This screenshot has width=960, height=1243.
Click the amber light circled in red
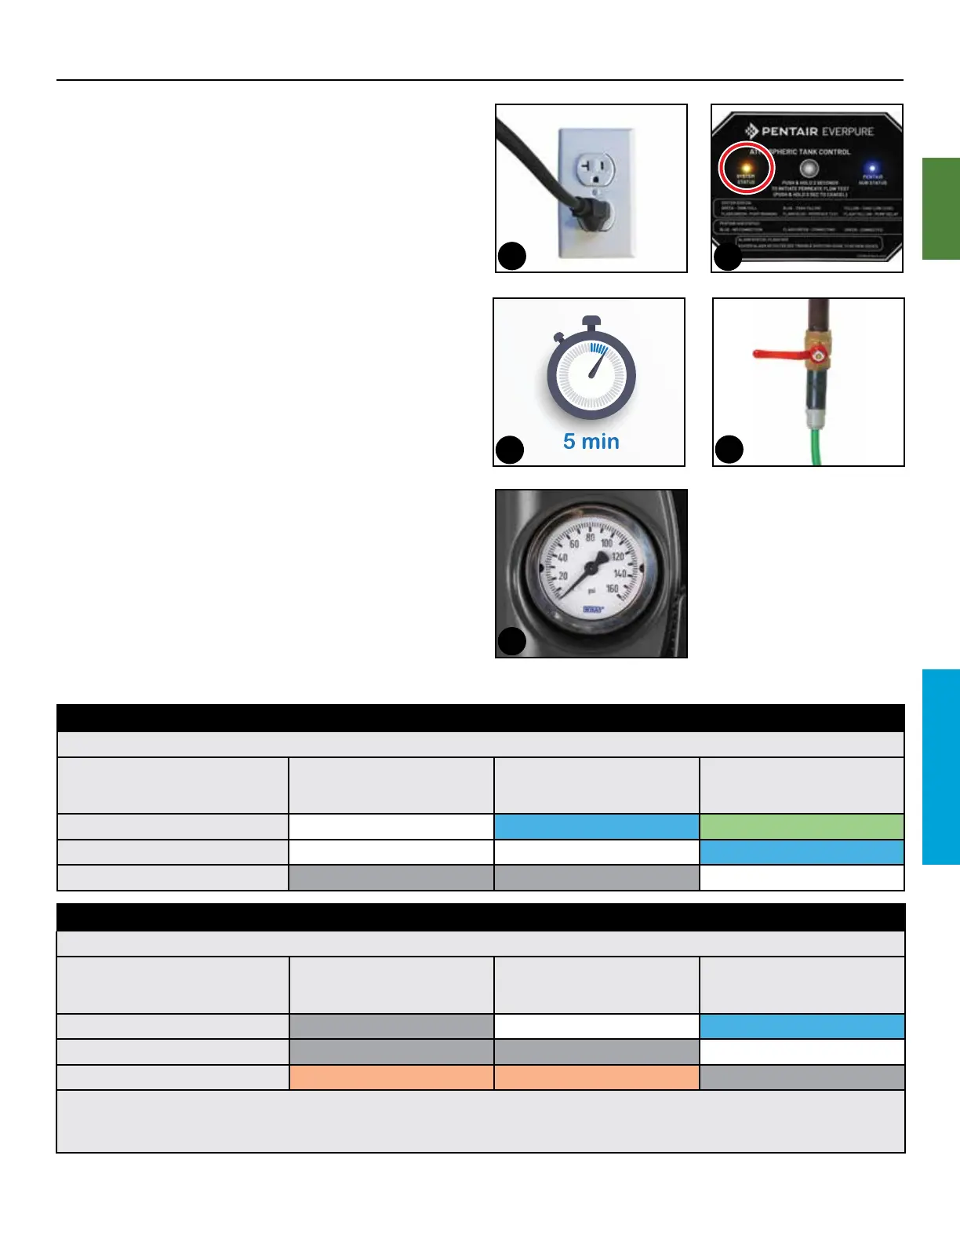[x=746, y=166]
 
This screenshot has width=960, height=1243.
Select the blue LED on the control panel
[x=871, y=167]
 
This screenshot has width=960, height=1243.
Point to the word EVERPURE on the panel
[x=848, y=131]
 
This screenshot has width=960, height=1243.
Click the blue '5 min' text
[x=591, y=442]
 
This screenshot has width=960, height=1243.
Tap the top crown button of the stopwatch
[x=591, y=322]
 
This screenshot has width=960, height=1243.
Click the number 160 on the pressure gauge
[x=612, y=588]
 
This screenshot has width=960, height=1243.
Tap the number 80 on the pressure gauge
[x=590, y=539]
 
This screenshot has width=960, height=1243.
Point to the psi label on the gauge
[x=592, y=589]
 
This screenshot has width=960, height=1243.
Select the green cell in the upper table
[x=802, y=826]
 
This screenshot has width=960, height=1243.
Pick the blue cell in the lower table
[x=802, y=1026]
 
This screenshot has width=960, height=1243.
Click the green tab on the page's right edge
[x=940, y=208]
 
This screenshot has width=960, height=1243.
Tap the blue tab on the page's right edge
[x=940, y=767]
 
